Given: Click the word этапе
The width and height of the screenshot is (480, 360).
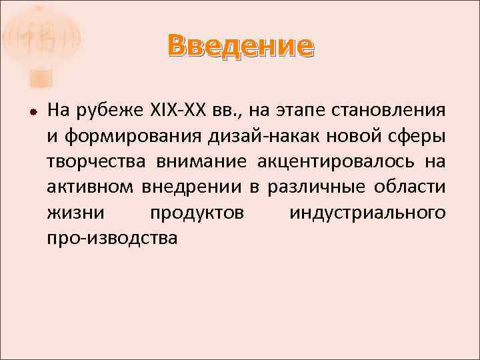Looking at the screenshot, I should pos(289,111).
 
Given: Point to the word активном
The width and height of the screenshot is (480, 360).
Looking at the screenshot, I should pos(90,187).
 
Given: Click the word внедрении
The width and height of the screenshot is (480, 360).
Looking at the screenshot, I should pos(193,187).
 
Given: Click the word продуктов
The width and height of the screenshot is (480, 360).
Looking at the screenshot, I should pos(197,213).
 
